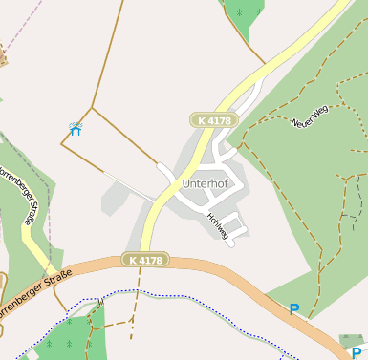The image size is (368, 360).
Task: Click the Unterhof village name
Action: click(x=202, y=183)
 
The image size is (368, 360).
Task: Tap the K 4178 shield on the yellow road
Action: click(x=212, y=120)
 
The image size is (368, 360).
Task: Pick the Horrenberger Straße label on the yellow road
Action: click(x=21, y=196)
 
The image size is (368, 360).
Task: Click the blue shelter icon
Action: click(x=76, y=128)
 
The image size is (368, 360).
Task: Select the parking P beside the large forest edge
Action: click(x=294, y=309)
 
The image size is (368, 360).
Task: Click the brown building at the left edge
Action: click(x=2, y=59)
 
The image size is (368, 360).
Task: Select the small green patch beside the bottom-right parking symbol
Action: click(x=353, y=340)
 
